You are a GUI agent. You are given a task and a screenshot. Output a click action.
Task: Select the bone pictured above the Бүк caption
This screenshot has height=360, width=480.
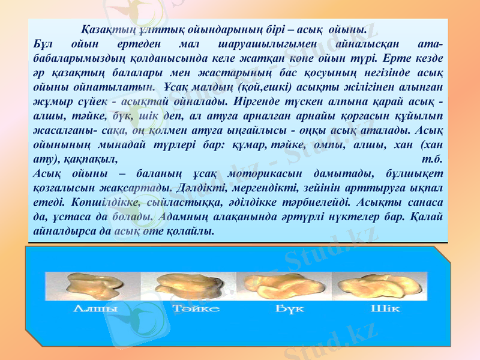(x=282, y=288)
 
